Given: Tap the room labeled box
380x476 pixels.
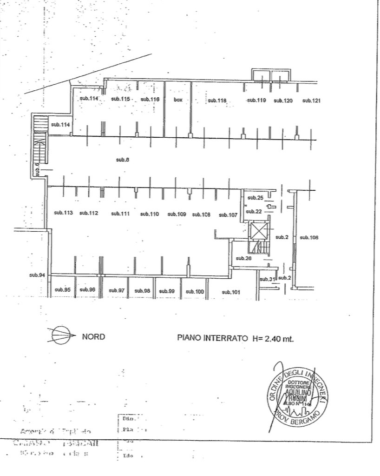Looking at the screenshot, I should click(178, 100).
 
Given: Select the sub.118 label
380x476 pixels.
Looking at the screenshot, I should click(216, 101).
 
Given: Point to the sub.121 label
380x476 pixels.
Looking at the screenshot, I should click(311, 101).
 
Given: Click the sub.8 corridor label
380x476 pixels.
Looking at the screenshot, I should click(122, 160).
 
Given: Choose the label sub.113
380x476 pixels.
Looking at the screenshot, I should click(63, 213).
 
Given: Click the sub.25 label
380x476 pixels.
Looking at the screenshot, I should click(255, 198).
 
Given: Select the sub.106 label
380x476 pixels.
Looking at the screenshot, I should click(309, 237).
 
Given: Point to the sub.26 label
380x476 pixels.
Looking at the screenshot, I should click(243, 258).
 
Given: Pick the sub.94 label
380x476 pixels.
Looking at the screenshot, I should click(37, 275).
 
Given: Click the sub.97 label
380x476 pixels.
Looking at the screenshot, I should click(117, 291).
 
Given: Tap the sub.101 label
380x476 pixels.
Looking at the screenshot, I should click(231, 292).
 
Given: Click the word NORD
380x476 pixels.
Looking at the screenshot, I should click(93, 336).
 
